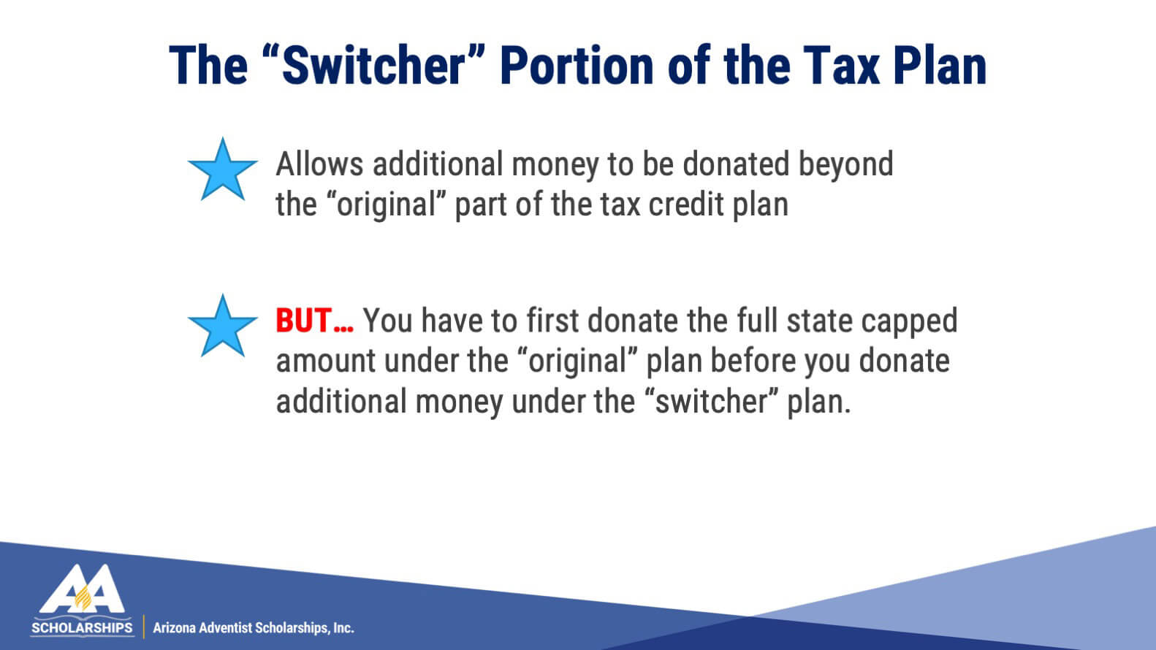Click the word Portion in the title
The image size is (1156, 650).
(577, 66)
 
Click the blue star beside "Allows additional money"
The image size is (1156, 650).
(222, 169)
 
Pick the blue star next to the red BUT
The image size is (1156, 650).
(222, 326)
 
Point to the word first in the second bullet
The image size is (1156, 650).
(552, 321)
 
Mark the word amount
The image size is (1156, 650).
(326, 361)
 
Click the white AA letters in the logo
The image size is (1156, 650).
(82, 589)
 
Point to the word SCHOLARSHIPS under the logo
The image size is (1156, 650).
(82, 628)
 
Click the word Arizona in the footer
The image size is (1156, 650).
(174, 628)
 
